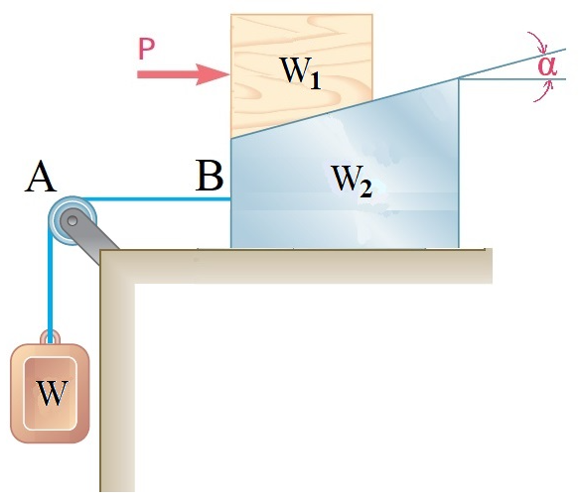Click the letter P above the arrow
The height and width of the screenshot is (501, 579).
pos(147,48)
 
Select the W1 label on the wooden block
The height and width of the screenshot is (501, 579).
pos(299,72)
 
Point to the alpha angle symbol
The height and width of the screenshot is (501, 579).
pos(547,64)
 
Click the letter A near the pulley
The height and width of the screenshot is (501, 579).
pos(41,178)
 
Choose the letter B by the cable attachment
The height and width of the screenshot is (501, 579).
pos(210,177)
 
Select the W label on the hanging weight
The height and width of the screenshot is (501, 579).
pos(52,393)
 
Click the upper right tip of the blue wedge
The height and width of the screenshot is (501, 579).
pos(458,78)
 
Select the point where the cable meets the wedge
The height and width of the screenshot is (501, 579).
pos(230,198)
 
